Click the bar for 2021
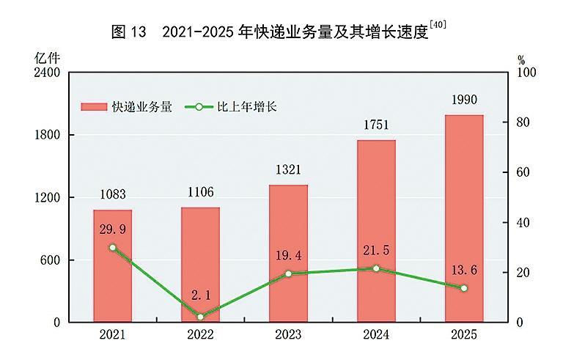point(112,265)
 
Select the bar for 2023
point(288,253)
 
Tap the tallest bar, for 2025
point(464,218)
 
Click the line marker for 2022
point(200,317)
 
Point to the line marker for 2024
point(376,268)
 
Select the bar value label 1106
point(200,193)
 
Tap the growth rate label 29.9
point(112,229)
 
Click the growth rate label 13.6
point(464,271)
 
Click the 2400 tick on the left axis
point(47,73)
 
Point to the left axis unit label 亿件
point(45,56)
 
